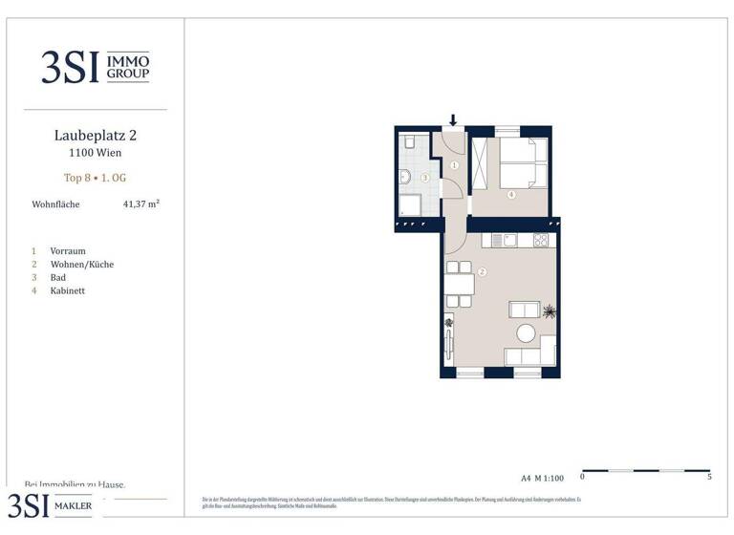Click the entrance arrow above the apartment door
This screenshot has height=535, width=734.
pos(453,120)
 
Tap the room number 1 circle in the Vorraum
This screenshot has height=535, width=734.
pos(455,165)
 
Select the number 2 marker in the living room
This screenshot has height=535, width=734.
pos(482,271)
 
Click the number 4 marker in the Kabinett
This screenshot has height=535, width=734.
pos(511,195)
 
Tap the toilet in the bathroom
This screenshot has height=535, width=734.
pos(407,142)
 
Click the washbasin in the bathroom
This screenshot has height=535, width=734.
pos(403,176)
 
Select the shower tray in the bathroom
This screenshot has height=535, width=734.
pos(411,205)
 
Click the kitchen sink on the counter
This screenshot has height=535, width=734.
pos(510,240)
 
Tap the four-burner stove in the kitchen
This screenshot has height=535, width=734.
pos(540,240)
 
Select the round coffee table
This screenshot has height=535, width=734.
pos(526,333)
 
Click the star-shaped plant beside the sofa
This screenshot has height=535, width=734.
pos(549,311)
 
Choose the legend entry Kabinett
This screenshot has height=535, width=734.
pos(69,290)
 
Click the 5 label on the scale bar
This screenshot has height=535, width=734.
pos(709,476)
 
